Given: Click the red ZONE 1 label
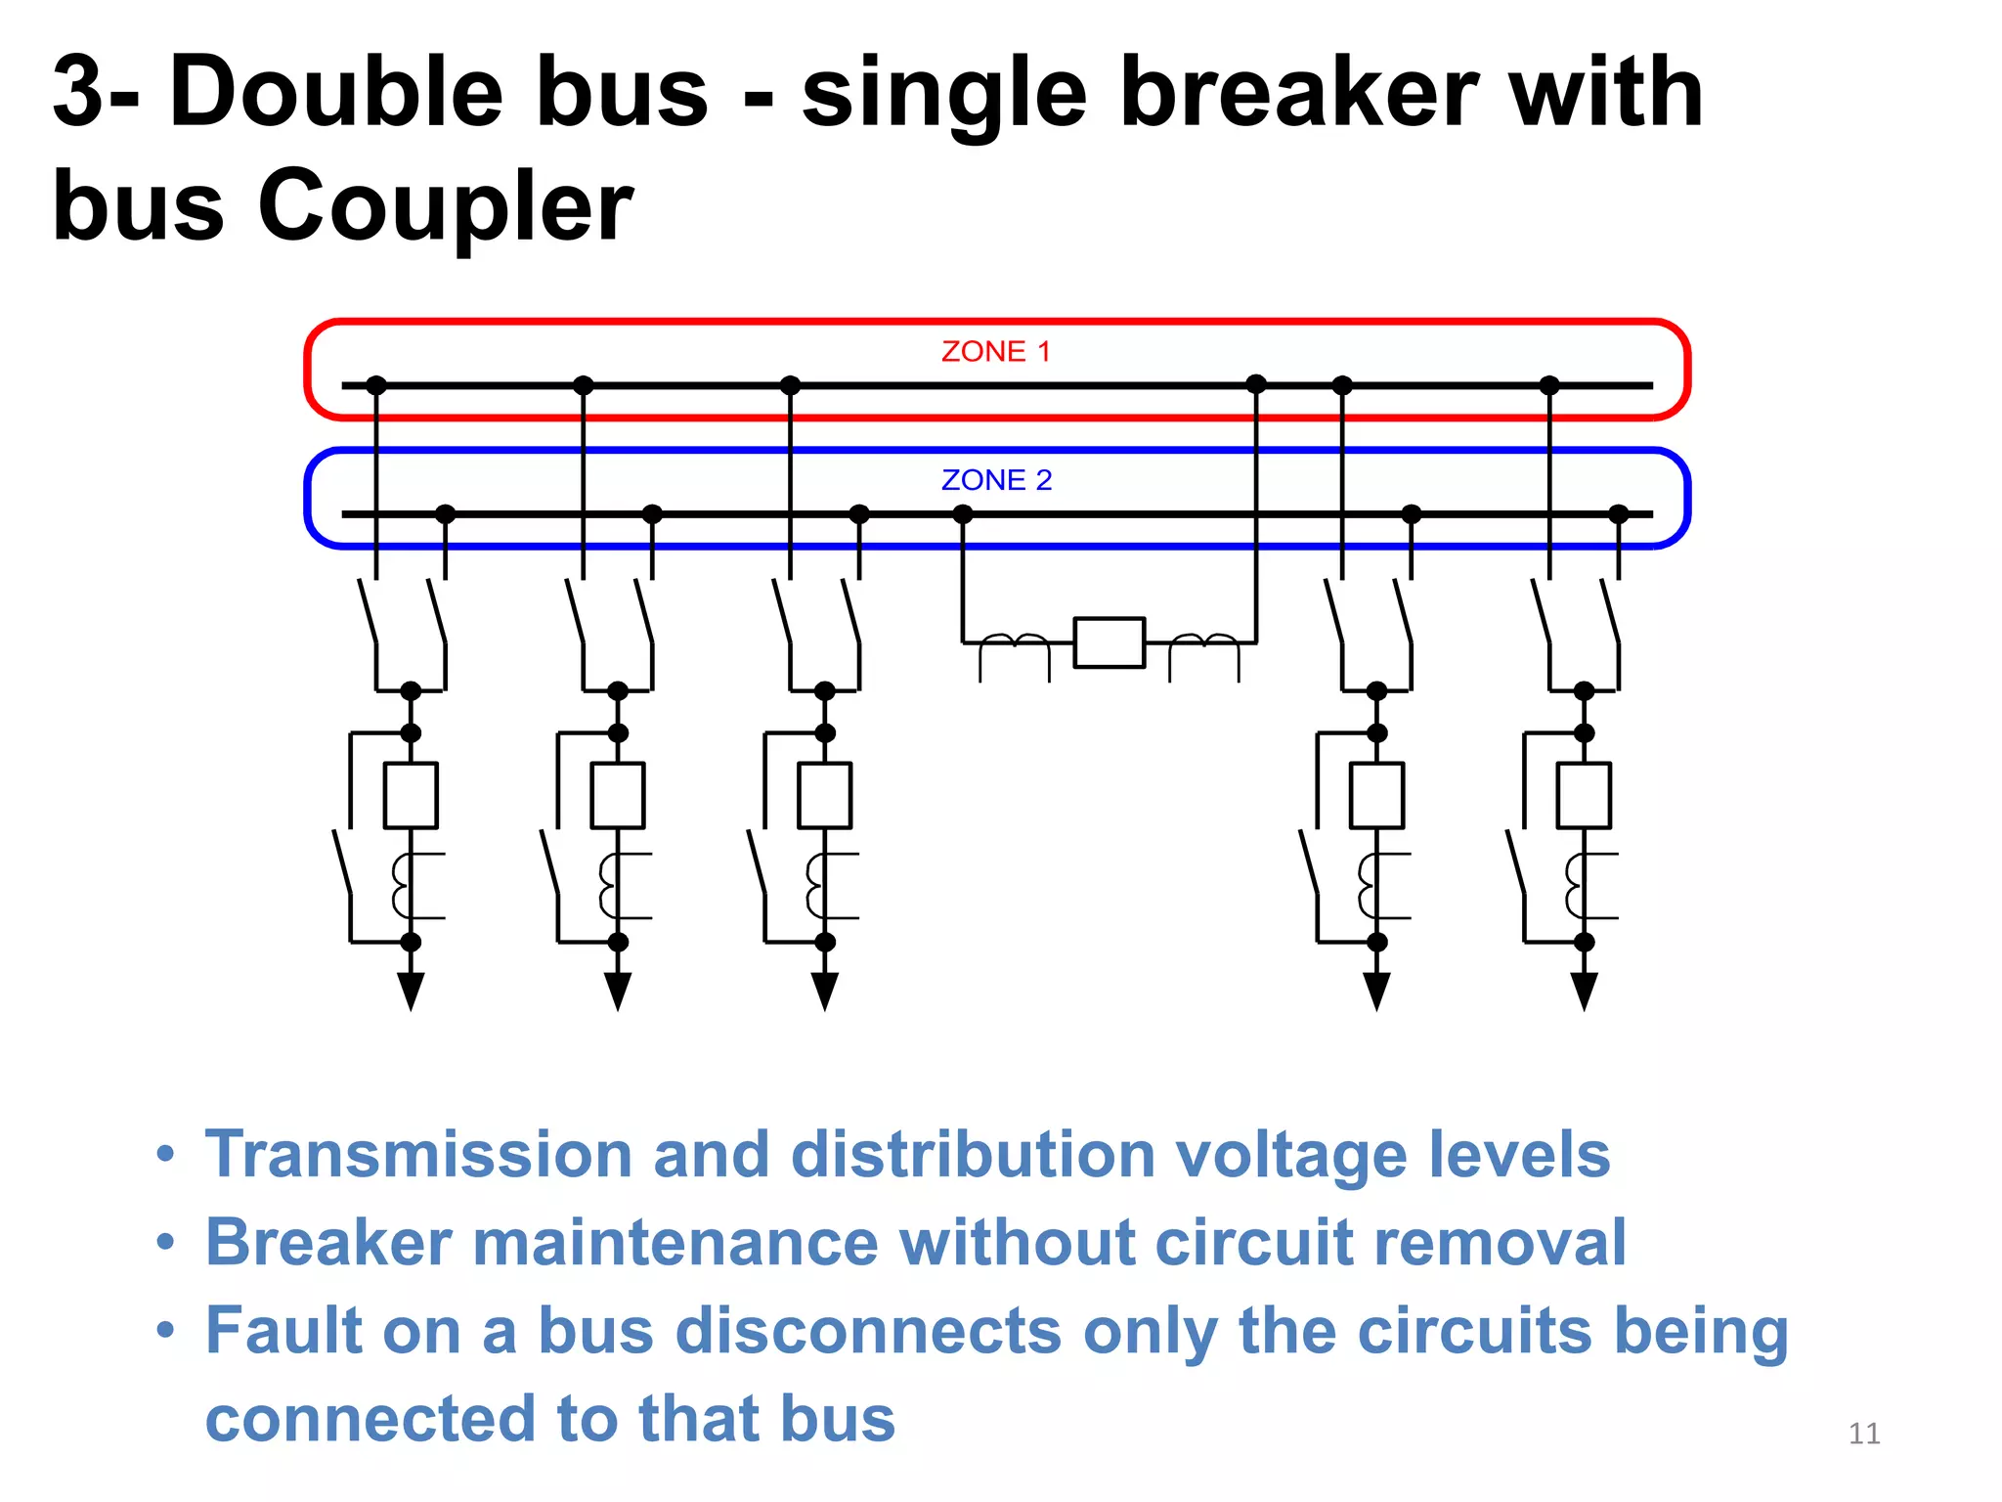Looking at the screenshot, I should tap(995, 351).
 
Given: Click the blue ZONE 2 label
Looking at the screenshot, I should tap(996, 480).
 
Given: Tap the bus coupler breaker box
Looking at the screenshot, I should tap(1109, 642).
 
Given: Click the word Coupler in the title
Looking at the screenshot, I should tap(445, 206).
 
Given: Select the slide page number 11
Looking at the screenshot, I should tap(1864, 1434).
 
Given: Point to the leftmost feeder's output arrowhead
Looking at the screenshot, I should tap(411, 992).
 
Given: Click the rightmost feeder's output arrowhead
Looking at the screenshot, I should tap(1584, 992).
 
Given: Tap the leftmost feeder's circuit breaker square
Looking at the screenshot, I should tap(411, 795).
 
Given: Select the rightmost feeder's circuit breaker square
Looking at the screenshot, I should tap(1584, 795).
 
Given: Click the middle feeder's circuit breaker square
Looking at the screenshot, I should tap(824, 795).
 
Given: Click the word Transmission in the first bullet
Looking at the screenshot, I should tap(418, 1155).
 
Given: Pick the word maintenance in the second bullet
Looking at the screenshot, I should tap(675, 1243).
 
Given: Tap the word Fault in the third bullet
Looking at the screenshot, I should tap(284, 1331).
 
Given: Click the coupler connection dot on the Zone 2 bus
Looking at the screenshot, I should tap(963, 514).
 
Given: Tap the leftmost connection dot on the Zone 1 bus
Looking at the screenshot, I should tap(376, 385).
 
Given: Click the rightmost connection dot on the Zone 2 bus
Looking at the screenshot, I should tap(1619, 514).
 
